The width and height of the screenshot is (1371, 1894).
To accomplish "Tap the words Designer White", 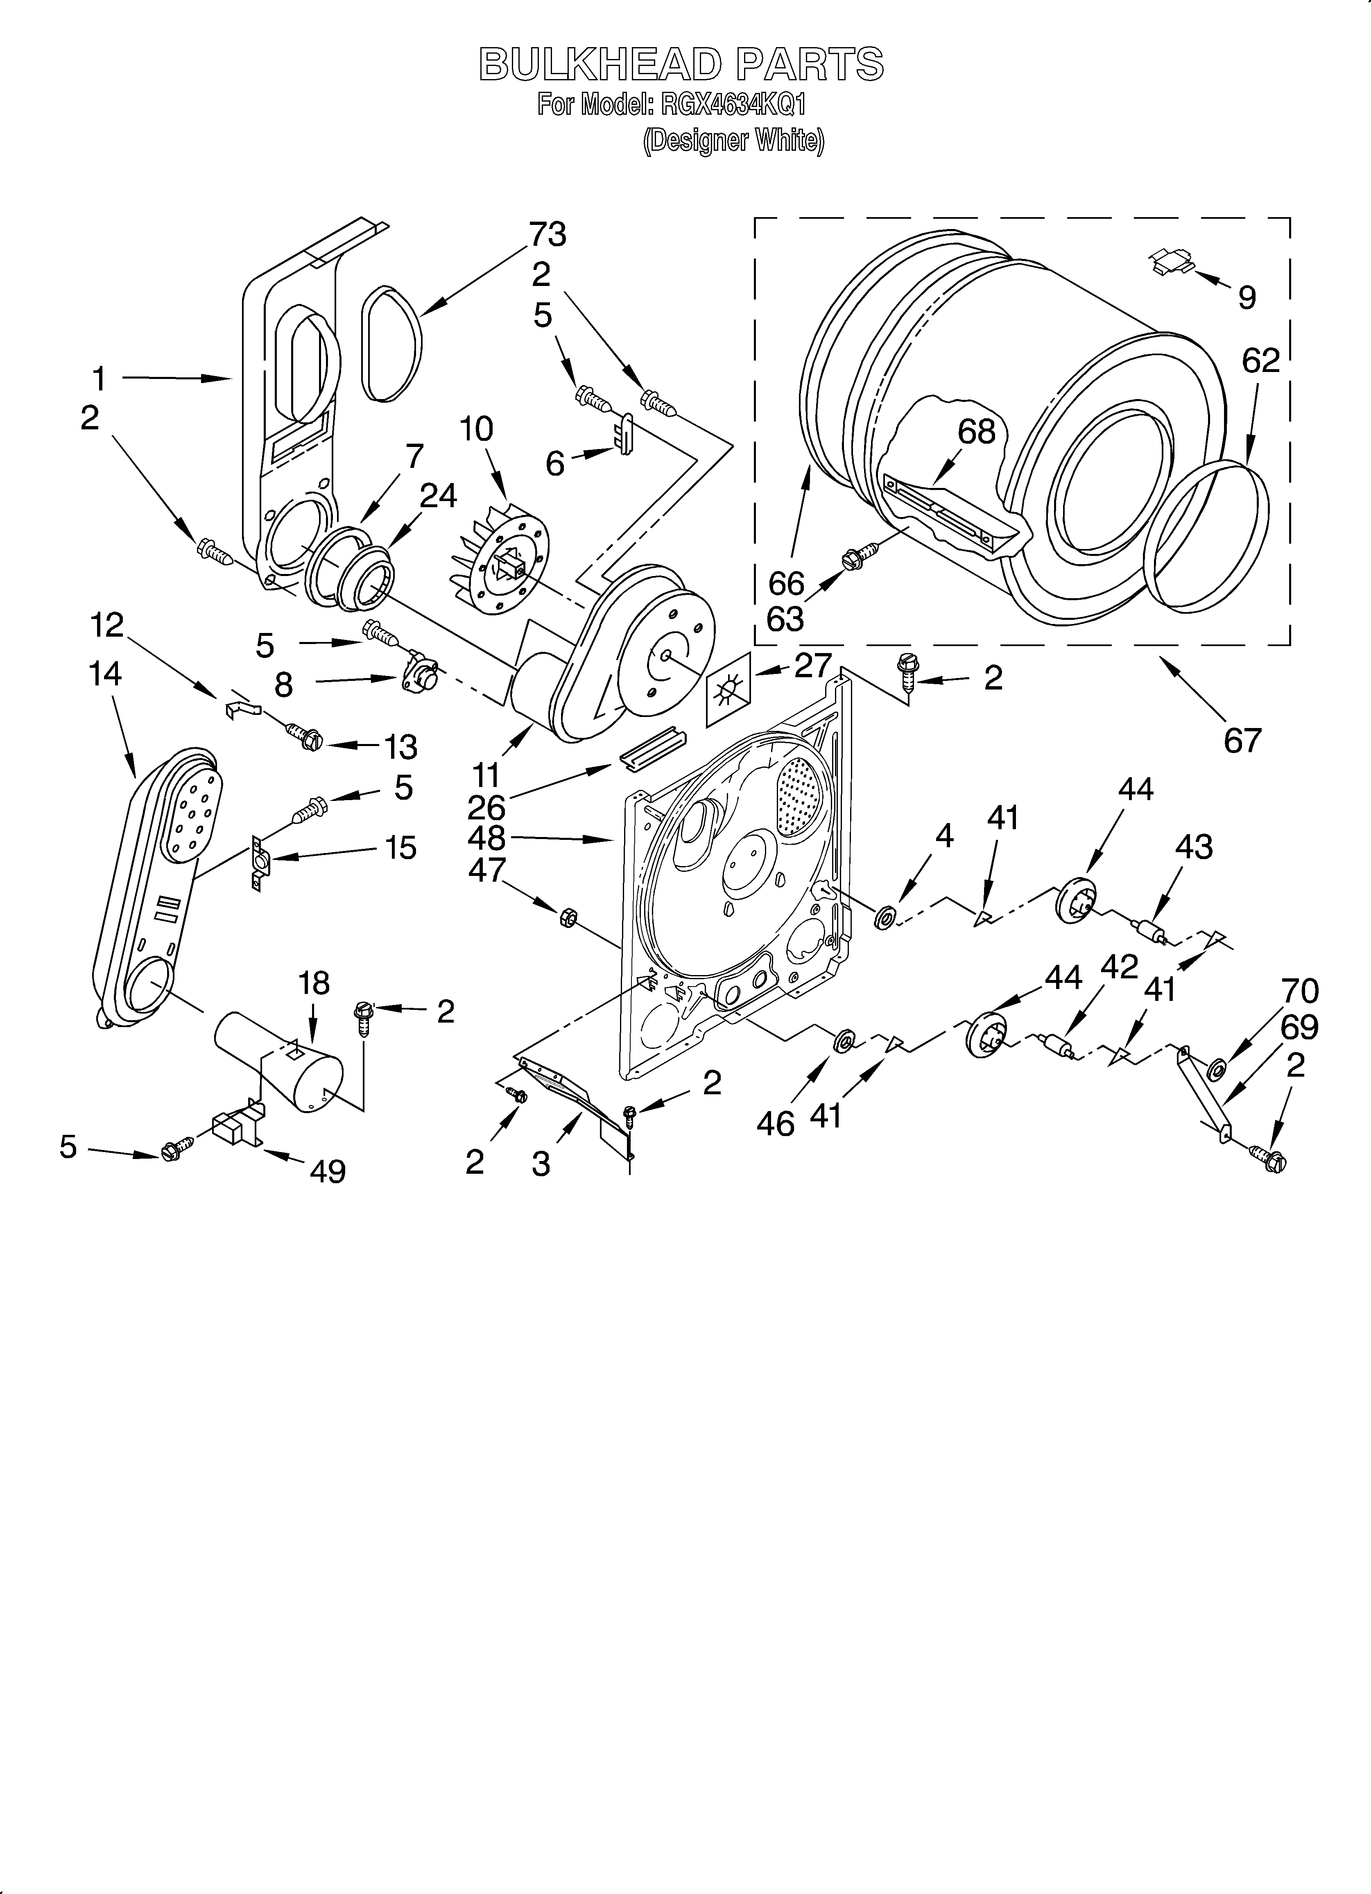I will [x=733, y=140].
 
